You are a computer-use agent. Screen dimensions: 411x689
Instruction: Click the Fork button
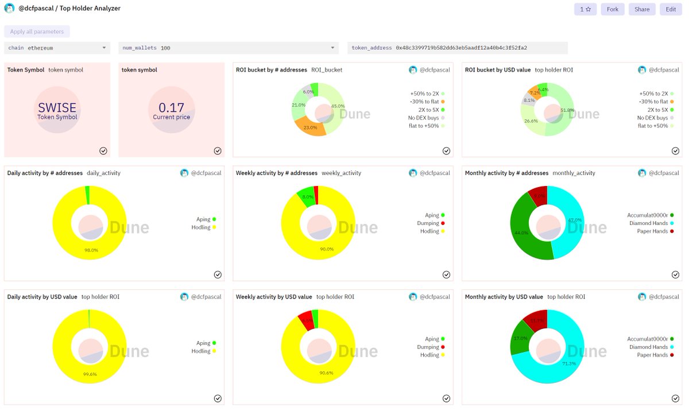tap(613, 9)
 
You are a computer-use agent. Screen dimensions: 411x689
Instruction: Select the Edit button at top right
tap(671, 9)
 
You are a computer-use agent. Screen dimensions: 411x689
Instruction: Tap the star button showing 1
tap(585, 9)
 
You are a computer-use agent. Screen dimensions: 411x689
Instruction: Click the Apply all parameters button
tap(37, 32)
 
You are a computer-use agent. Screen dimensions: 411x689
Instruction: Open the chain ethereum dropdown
tap(57, 48)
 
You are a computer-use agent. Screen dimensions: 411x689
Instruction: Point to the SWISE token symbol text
tap(57, 108)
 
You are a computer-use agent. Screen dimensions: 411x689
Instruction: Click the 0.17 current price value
tap(171, 108)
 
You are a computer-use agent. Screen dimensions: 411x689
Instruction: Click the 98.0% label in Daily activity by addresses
tap(91, 250)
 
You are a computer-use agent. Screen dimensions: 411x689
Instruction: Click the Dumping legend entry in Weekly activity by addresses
tap(428, 223)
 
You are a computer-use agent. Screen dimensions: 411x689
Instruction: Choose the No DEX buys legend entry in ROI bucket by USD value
tap(654, 118)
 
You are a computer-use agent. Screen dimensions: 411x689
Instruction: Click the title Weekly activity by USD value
tap(274, 297)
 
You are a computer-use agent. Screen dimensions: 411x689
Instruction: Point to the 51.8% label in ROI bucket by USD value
tap(567, 110)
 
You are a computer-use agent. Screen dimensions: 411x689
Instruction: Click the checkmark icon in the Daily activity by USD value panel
tap(218, 398)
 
